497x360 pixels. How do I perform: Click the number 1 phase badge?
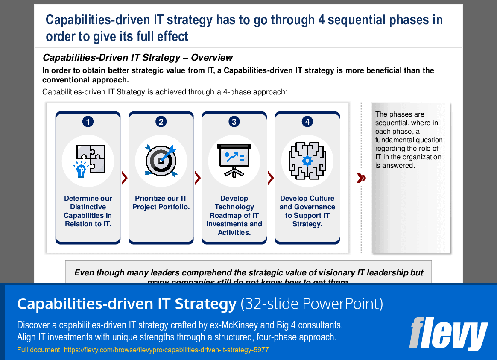tap(88, 122)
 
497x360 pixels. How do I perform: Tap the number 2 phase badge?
tap(161, 122)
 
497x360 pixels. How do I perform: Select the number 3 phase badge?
tap(234, 122)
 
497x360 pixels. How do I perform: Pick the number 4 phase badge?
tap(307, 122)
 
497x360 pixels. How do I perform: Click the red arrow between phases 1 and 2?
tap(125, 178)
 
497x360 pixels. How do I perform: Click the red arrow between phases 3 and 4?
tap(271, 178)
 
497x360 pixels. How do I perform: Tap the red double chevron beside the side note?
tap(361, 178)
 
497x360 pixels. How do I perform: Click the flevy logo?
tap(448, 333)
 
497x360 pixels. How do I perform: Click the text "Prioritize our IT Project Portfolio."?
tap(161, 203)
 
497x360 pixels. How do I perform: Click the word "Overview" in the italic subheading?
tap(212, 58)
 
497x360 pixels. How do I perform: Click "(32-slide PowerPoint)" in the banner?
tap(312, 304)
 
